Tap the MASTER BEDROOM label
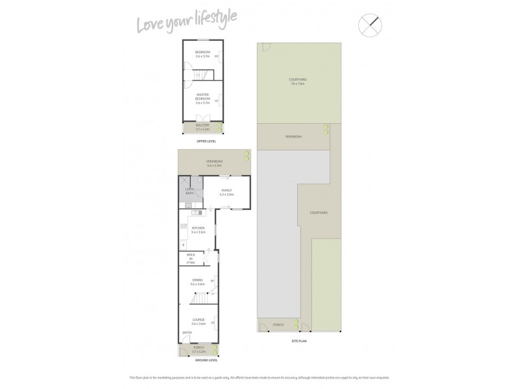(202, 98)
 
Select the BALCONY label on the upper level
(202, 126)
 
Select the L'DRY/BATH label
(190, 191)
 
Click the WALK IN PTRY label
(191, 258)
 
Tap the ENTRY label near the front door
(187, 333)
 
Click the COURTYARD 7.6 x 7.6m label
(298, 82)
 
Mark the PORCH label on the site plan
(278, 325)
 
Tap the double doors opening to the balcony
(202, 118)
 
